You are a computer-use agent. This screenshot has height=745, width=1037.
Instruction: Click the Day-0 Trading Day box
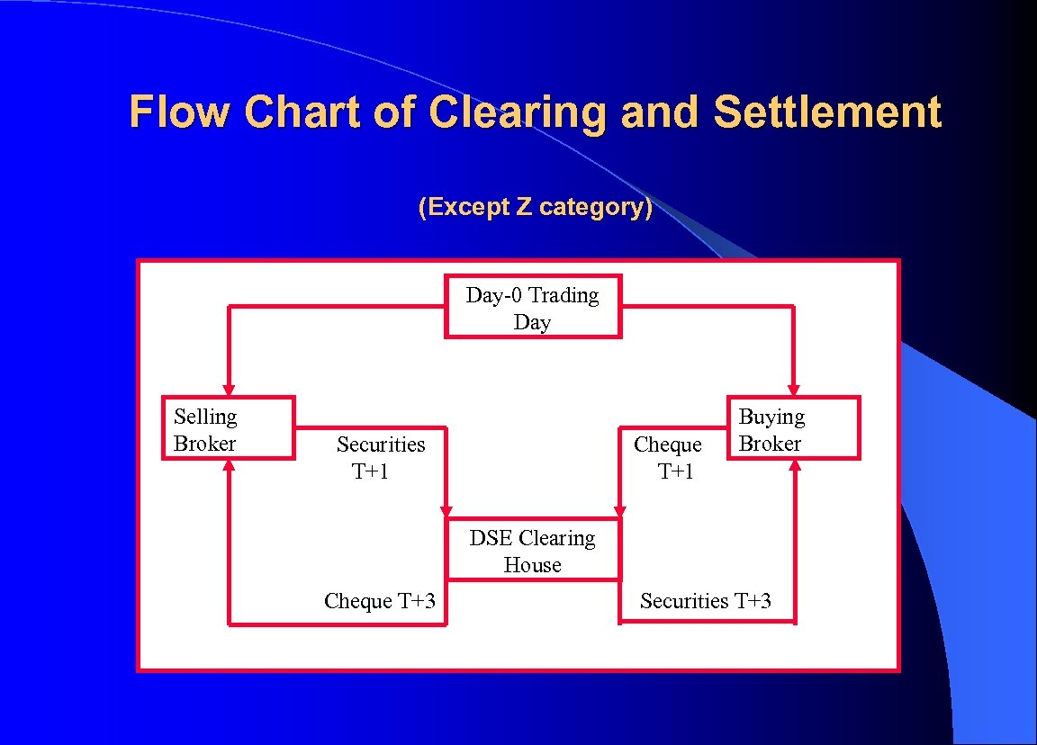[533, 307]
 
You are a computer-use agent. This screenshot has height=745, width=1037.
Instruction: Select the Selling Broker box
[228, 428]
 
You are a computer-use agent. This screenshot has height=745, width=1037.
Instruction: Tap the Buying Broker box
[793, 428]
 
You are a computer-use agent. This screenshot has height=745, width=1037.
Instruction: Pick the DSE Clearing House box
[533, 550]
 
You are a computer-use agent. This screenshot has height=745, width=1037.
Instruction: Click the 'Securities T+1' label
[380, 457]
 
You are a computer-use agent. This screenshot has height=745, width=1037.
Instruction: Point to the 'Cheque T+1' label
[668, 457]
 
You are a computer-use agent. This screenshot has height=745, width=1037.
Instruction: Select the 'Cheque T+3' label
[379, 601]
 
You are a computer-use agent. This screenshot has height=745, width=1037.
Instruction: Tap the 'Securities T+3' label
[705, 601]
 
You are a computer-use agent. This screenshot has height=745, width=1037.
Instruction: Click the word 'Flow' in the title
[180, 112]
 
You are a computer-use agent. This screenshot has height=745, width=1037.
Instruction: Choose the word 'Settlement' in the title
[826, 112]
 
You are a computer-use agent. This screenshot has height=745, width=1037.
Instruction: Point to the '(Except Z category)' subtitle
[535, 207]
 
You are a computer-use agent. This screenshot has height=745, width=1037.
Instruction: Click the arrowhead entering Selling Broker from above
[229, 390]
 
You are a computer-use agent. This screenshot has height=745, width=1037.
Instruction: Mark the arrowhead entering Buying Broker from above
[794, 390]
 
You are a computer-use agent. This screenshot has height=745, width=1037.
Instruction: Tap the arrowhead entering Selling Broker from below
[229, 466]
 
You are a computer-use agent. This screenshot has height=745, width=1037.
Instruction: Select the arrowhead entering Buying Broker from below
[795, 466]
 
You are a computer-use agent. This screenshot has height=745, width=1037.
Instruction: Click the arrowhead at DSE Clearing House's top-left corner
[446, 511]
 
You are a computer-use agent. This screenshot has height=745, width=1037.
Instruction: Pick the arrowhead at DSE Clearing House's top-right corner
[620, 511]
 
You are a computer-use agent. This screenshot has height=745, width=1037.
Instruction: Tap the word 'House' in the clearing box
[532, 565]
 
